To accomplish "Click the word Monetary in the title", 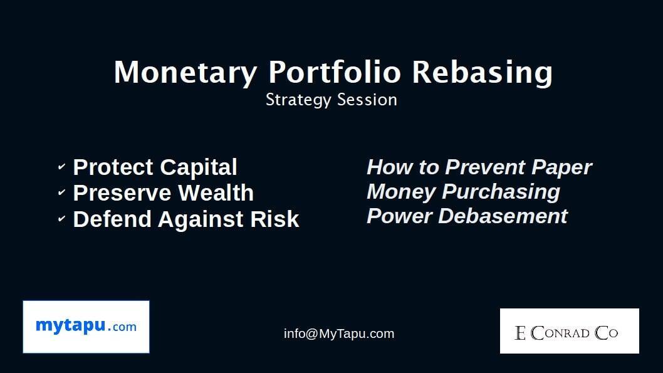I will [185, 72].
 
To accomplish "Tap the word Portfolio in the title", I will [335, 72].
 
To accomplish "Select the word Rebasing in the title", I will [482, 72].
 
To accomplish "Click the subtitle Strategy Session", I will [331, 100].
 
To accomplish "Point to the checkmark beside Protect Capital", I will [61, 167].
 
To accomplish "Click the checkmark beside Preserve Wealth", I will [61, 193].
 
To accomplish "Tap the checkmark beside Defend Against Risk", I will [61, 219].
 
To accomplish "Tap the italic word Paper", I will [561, 167].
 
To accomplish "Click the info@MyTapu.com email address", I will [339, 334].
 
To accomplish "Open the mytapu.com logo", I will [86, 327].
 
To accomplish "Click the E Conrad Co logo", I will [569, 331].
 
